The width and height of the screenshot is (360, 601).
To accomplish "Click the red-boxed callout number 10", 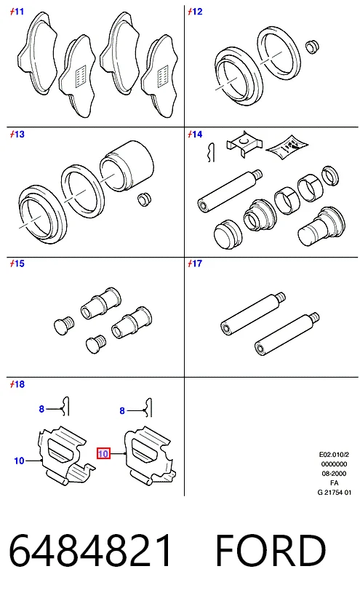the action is tap(103, 454).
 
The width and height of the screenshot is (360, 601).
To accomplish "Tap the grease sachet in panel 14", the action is tap(287, 146).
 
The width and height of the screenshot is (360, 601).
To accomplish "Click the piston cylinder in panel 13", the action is tap(127, 165).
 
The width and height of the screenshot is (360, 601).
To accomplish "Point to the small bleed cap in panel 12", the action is tap(313, 46).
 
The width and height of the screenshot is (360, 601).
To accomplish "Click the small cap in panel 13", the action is tap(145, 199).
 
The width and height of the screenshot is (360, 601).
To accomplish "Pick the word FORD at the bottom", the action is tap(271, 550).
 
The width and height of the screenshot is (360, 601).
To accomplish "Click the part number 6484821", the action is tap(90, 550).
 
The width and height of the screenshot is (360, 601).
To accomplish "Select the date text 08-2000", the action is tap(335, 474).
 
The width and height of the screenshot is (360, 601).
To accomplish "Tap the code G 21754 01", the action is tap(335, 493).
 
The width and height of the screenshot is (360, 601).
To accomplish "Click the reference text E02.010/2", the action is tap(335, 455).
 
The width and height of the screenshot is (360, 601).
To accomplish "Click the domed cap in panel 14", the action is tap(228, 233).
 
